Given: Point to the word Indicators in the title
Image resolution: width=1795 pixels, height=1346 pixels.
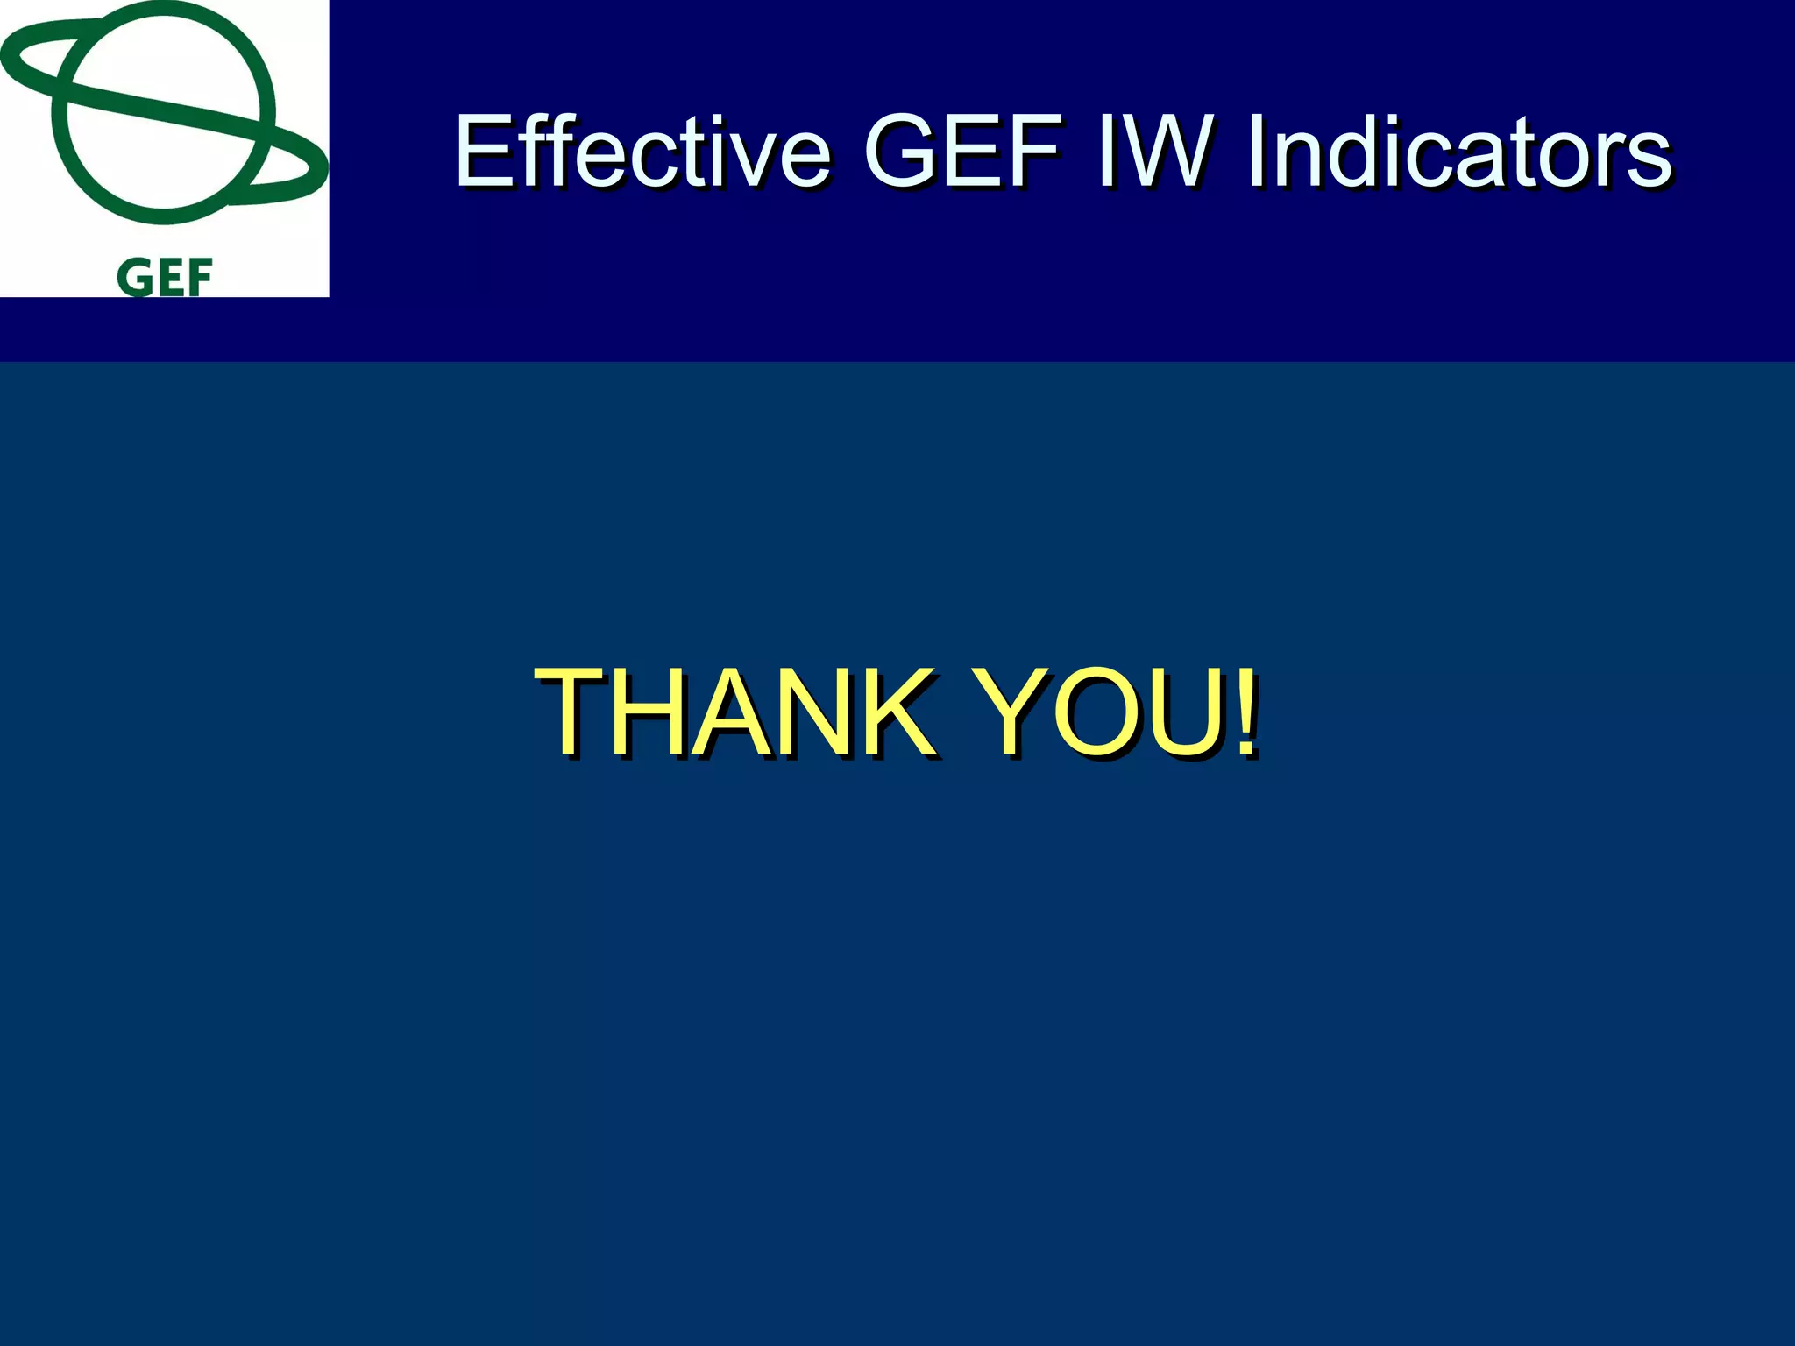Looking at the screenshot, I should pyautogui.click(x=1458, y=152).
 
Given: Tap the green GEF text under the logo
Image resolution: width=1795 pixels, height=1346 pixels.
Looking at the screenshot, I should pyautogui.click(x=164, y=278).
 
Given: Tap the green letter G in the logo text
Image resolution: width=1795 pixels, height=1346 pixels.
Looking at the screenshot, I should pyautogui.click(x=134, y=278).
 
